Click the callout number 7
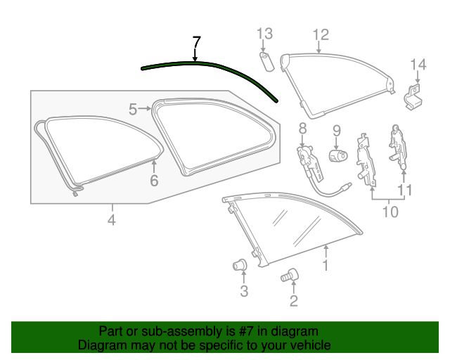pos(196,41)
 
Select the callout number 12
pos(320,34)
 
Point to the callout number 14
pos(418,65)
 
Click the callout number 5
pos(134,108)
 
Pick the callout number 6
pos(153,181)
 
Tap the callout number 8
pos(302,129)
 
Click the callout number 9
pos(336,129)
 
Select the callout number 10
pos(390,211)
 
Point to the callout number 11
pos(405,190)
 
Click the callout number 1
pos(325,265)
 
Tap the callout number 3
pos(243,290)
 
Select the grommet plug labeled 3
pos(240,265)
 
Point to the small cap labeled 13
pos(267,59)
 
